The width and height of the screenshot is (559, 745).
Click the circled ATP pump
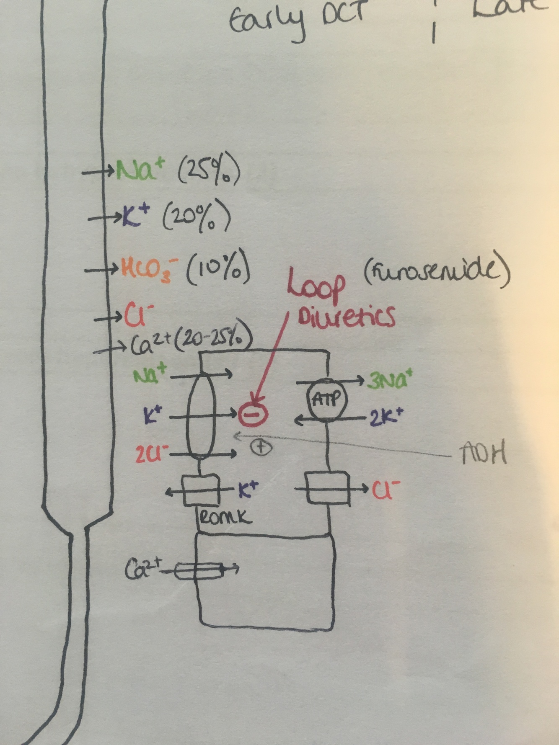tap(328, 400)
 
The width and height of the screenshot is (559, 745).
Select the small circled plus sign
tap(261, 447)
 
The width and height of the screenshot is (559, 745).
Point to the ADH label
tap(483, 454)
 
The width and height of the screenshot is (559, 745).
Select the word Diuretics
tap(347, 317)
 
